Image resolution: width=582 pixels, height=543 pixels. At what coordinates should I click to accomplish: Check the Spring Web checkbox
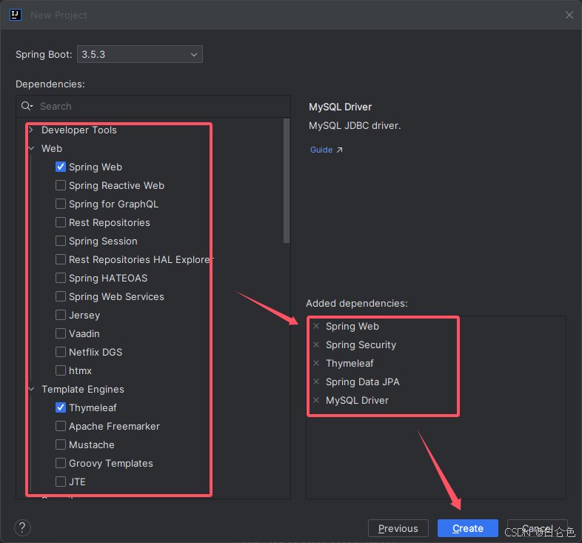(61, 167)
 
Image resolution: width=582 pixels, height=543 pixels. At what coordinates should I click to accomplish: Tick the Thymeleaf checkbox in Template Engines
(61, 407)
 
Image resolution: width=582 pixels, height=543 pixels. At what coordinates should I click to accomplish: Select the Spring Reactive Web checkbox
(61, 185)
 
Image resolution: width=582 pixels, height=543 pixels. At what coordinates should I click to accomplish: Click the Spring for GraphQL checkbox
(61, 204)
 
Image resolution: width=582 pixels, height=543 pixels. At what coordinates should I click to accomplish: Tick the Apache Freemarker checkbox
(61, 426)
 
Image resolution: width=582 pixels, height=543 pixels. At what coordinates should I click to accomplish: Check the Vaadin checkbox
(61, 333)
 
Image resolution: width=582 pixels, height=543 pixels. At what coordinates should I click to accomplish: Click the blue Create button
(467, 528)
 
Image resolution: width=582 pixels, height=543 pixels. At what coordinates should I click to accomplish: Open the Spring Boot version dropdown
(139, 54)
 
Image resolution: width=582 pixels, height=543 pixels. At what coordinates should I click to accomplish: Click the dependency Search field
(155, 106)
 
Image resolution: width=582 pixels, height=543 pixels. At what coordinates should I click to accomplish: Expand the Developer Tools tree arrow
(31, 130)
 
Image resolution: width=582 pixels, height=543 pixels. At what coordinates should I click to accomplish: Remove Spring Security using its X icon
(316, 344)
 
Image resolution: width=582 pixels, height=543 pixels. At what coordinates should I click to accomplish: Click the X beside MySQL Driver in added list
(316, 400)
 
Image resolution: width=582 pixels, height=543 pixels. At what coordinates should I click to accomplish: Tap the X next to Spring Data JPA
(316, 382)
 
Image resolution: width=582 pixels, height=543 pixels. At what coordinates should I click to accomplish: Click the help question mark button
(23, 527)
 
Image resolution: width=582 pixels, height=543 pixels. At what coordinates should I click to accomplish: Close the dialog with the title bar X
(569, 15)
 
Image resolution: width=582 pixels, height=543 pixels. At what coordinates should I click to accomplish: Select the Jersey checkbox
(61, 315)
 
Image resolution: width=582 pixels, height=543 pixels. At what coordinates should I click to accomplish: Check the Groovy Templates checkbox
(61, 463)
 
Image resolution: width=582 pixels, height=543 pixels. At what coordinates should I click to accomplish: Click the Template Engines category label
(82, 389)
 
